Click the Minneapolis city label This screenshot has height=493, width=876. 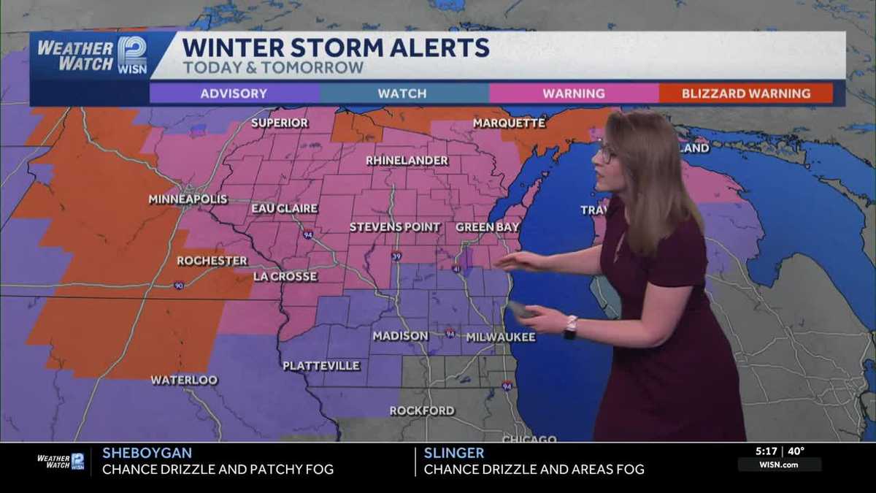188,199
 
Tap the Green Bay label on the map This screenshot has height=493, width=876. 487,227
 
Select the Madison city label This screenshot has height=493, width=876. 400,336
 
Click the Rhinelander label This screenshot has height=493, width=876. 407,160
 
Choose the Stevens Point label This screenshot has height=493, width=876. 395,227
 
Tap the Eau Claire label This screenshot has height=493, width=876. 284,208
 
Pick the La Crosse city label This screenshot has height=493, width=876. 285,277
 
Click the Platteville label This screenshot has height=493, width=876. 321,366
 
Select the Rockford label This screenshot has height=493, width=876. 422,410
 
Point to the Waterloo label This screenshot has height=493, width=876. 184,380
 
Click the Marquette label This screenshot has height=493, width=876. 509,123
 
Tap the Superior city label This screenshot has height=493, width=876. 280,123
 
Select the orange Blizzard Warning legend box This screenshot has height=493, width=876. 745,93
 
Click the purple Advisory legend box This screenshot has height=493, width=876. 234,93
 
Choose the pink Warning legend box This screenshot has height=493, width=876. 574,93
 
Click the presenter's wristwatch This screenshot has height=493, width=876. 570,326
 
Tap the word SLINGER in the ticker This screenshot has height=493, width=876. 453,453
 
